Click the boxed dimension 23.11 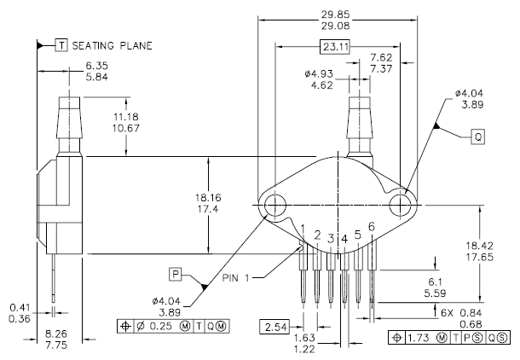(x=335, y=47)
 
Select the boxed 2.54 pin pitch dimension (x=275, y=327)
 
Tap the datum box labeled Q (x=478, y=136)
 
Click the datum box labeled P (x=176, y=274)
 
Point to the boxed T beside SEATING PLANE (x=61, y=45)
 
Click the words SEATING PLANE (x=112, y=45)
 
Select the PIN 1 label (x=235, y=278)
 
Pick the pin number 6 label (x=372, y=227)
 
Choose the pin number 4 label (x=344, y=239)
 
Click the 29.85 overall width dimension (x=335, y=15)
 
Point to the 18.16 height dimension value (x=208, y=198)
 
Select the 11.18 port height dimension (x=126, y=117)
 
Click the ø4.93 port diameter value (x=319, y=73)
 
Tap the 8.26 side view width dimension (x=55, y=334)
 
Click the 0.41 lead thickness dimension (x=20, y=307)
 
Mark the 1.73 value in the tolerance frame (x=419, y=338)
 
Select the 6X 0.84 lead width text (x=461, y=313)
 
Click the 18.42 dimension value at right (x=480, y=246)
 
